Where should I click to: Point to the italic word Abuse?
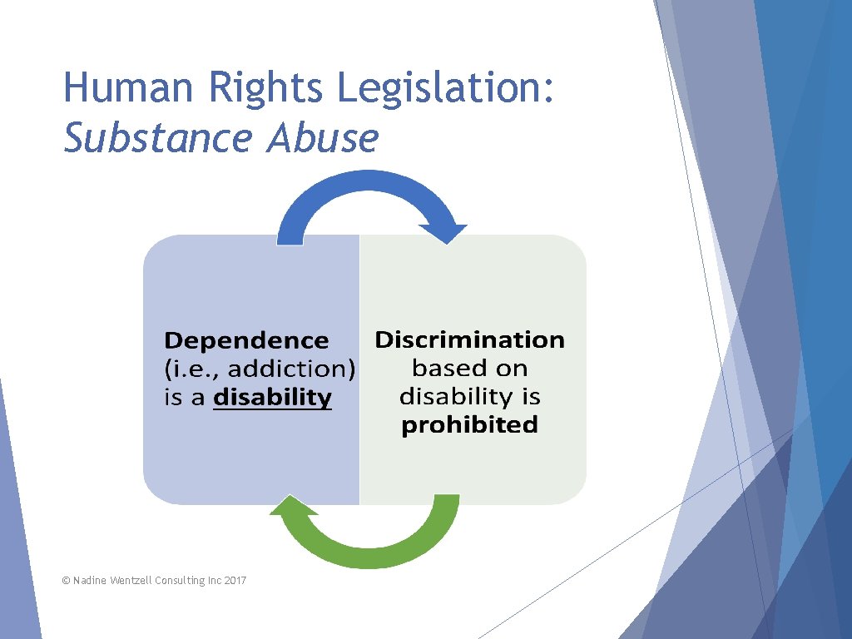coord(323,138)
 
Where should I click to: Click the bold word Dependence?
coord(247,340)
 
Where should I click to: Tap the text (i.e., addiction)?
coord(260,369)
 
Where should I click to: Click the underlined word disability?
coord(273,397)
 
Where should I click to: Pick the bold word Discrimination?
coord(469,339)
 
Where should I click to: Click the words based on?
coord(469,368)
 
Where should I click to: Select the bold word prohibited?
coord(469,425)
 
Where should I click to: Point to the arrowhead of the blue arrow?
coord(443,232)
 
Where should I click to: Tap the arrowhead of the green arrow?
coord(287,509)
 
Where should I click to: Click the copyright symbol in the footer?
coord(67,580)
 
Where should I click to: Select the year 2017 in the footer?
coord(235,580)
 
